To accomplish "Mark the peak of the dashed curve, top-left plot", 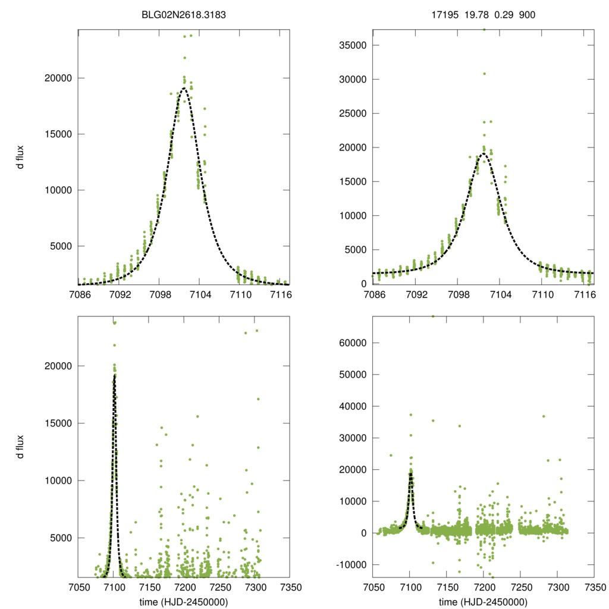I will coord(184,89).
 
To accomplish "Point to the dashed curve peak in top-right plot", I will coord(483,153).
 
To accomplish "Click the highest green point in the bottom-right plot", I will coord(433,316).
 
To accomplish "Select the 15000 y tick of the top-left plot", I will coord(59,134).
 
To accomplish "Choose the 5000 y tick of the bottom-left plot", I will coord(61,538).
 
